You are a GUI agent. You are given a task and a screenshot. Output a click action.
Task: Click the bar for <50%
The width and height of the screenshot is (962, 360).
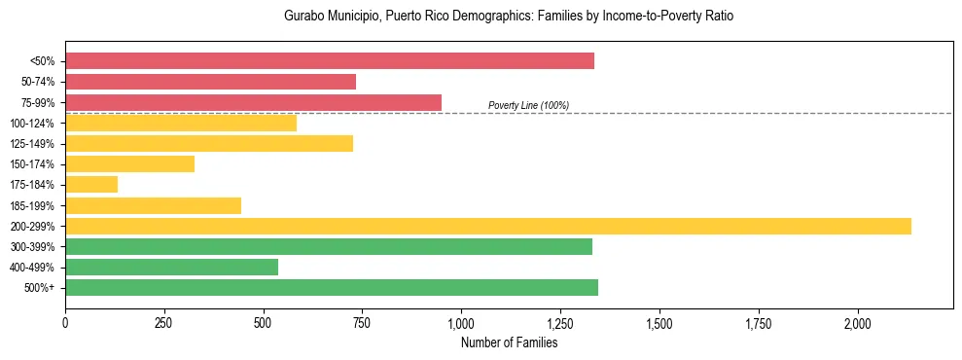click(330, 61)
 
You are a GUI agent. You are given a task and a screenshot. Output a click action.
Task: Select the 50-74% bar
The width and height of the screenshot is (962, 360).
click(210, 82)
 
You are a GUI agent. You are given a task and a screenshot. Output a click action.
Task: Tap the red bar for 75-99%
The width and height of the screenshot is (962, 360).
click(253, 102)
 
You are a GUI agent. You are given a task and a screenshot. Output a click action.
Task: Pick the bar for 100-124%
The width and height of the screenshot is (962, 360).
click(181, 124)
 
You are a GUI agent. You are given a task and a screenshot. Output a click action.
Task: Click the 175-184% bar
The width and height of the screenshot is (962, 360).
click(91, 185)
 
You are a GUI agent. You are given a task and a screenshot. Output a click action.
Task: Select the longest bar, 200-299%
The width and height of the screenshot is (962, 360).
click(488, 226)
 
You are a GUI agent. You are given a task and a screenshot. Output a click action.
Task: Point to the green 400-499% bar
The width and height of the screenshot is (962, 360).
click(171, 267)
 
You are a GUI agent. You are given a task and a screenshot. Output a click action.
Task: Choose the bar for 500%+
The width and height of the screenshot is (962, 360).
click(332, 287)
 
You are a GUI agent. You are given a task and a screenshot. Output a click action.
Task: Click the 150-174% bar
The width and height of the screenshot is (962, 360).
click(129, 164)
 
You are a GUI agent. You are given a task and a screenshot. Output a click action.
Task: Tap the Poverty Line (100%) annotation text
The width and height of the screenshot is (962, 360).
click(528, 105)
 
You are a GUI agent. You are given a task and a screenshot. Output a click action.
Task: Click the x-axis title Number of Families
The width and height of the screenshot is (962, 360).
click(509, 342)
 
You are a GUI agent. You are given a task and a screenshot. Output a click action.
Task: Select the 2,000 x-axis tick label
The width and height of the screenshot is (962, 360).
click(857, 323)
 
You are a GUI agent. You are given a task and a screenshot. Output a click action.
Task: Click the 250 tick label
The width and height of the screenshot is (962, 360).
click(163, 323)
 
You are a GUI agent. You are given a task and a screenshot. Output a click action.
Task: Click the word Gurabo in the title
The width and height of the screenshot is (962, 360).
click(303, 17)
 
